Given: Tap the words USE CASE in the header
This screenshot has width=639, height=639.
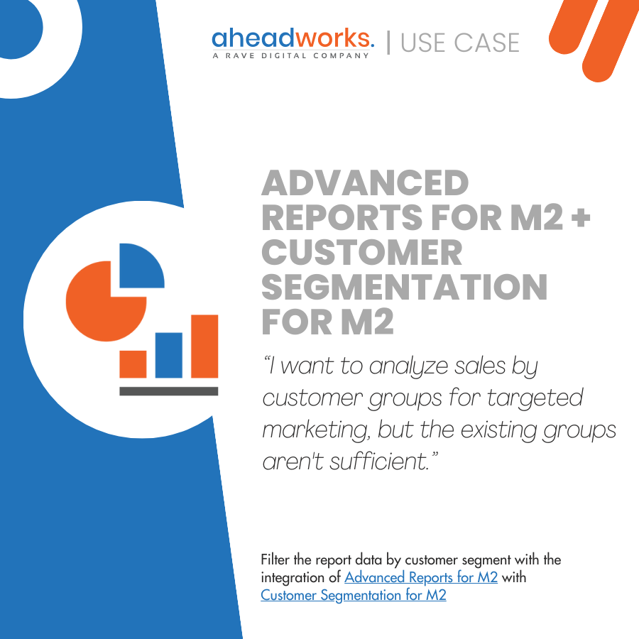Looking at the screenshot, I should coord(460,43).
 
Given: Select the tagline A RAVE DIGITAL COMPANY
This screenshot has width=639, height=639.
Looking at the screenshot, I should coord(291,55).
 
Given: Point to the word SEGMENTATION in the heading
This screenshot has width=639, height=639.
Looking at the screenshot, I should coord(405,288).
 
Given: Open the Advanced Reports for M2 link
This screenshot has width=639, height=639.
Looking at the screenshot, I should coord(421,577).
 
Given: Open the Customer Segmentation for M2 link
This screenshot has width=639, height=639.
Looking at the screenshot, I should coord(354,595).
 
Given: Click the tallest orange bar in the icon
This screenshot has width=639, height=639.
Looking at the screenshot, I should coord(204,346).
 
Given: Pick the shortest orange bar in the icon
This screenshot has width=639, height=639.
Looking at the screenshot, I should coord(133,363).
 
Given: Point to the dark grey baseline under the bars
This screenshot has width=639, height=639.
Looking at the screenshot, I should coord(168,390).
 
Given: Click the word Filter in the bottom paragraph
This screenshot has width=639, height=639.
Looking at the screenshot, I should coord(277,559).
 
